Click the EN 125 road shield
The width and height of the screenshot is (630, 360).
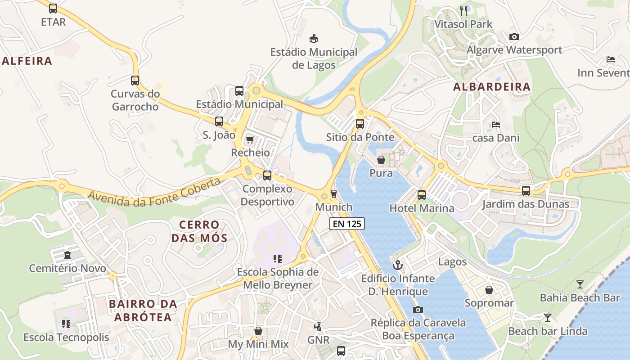point(346,224)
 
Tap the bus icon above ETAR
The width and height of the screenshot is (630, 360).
point(53,8)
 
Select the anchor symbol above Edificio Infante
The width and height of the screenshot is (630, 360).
point(397,265)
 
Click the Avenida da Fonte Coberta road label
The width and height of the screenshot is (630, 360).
point(155,192)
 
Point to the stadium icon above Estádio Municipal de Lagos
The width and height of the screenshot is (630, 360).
point(314,39)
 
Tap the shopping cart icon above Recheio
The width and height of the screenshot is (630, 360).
point(250,139)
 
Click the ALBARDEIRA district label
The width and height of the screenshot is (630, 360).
point(492,87)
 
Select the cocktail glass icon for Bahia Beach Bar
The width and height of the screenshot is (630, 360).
point(580,284)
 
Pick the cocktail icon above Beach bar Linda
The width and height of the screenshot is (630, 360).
point(547,318)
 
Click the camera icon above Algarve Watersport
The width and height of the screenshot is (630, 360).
point(514,36)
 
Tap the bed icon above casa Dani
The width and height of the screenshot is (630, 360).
point(496,125)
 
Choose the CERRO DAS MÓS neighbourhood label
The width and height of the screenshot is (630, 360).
point(199,231)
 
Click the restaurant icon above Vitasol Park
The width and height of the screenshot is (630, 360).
point(463,10)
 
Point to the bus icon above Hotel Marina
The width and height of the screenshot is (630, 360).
point(422,195)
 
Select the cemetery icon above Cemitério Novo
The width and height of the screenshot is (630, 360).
point(67,255)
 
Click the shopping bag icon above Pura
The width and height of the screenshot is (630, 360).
point(381,160)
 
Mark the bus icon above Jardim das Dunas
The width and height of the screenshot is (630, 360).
point(526,191)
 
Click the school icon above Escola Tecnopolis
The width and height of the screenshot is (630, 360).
point(66,324)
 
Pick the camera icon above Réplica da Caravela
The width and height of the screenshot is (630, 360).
point(418,310)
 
